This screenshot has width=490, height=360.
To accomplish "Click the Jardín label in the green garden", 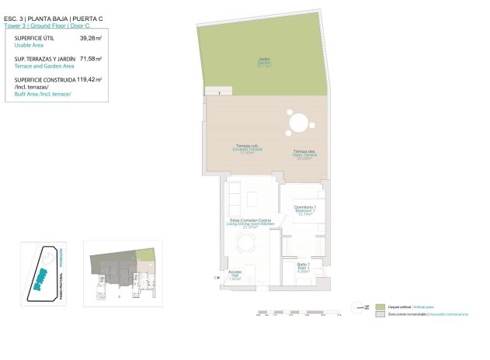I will (263, 63).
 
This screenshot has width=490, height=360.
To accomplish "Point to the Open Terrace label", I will (304, 154).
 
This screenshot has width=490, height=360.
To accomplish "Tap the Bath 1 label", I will (304, 268).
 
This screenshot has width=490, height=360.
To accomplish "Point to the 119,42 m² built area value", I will (90, 79).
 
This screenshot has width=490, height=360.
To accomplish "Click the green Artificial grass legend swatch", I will (380, 307).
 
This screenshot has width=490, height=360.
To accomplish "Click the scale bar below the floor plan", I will (298, 313).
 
